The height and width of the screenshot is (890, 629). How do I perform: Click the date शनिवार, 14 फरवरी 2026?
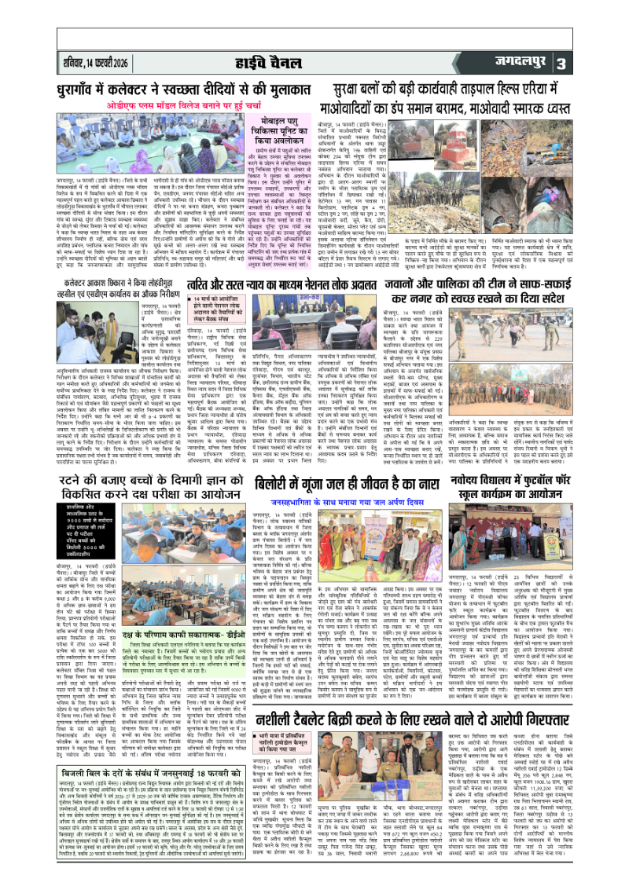pos(95,61)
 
